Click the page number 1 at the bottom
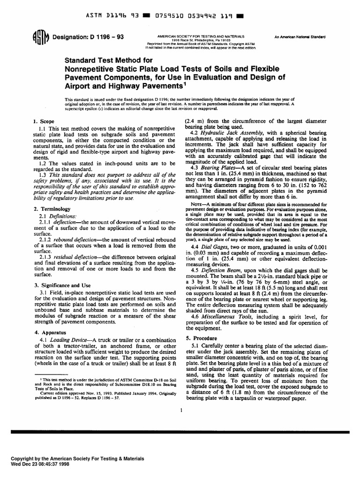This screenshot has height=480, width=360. (x=180, y=410)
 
